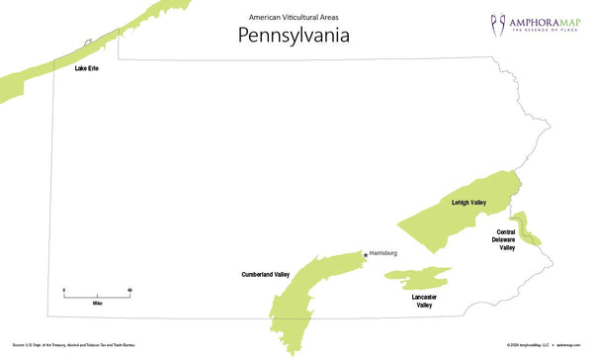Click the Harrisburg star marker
pyautogui.click(x=366, y=255)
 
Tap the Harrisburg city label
pyautogui.click(x=382, y=253)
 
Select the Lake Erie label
pyautogui.click(x=86, y=70)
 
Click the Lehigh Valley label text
pyautogui.click(x=468, y=203)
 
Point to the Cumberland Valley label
pyautogui.click(x=265, y=274)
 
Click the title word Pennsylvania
pyautogui.click(x=294, y=35)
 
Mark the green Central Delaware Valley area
pyautogui.click(x=525, y=225)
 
